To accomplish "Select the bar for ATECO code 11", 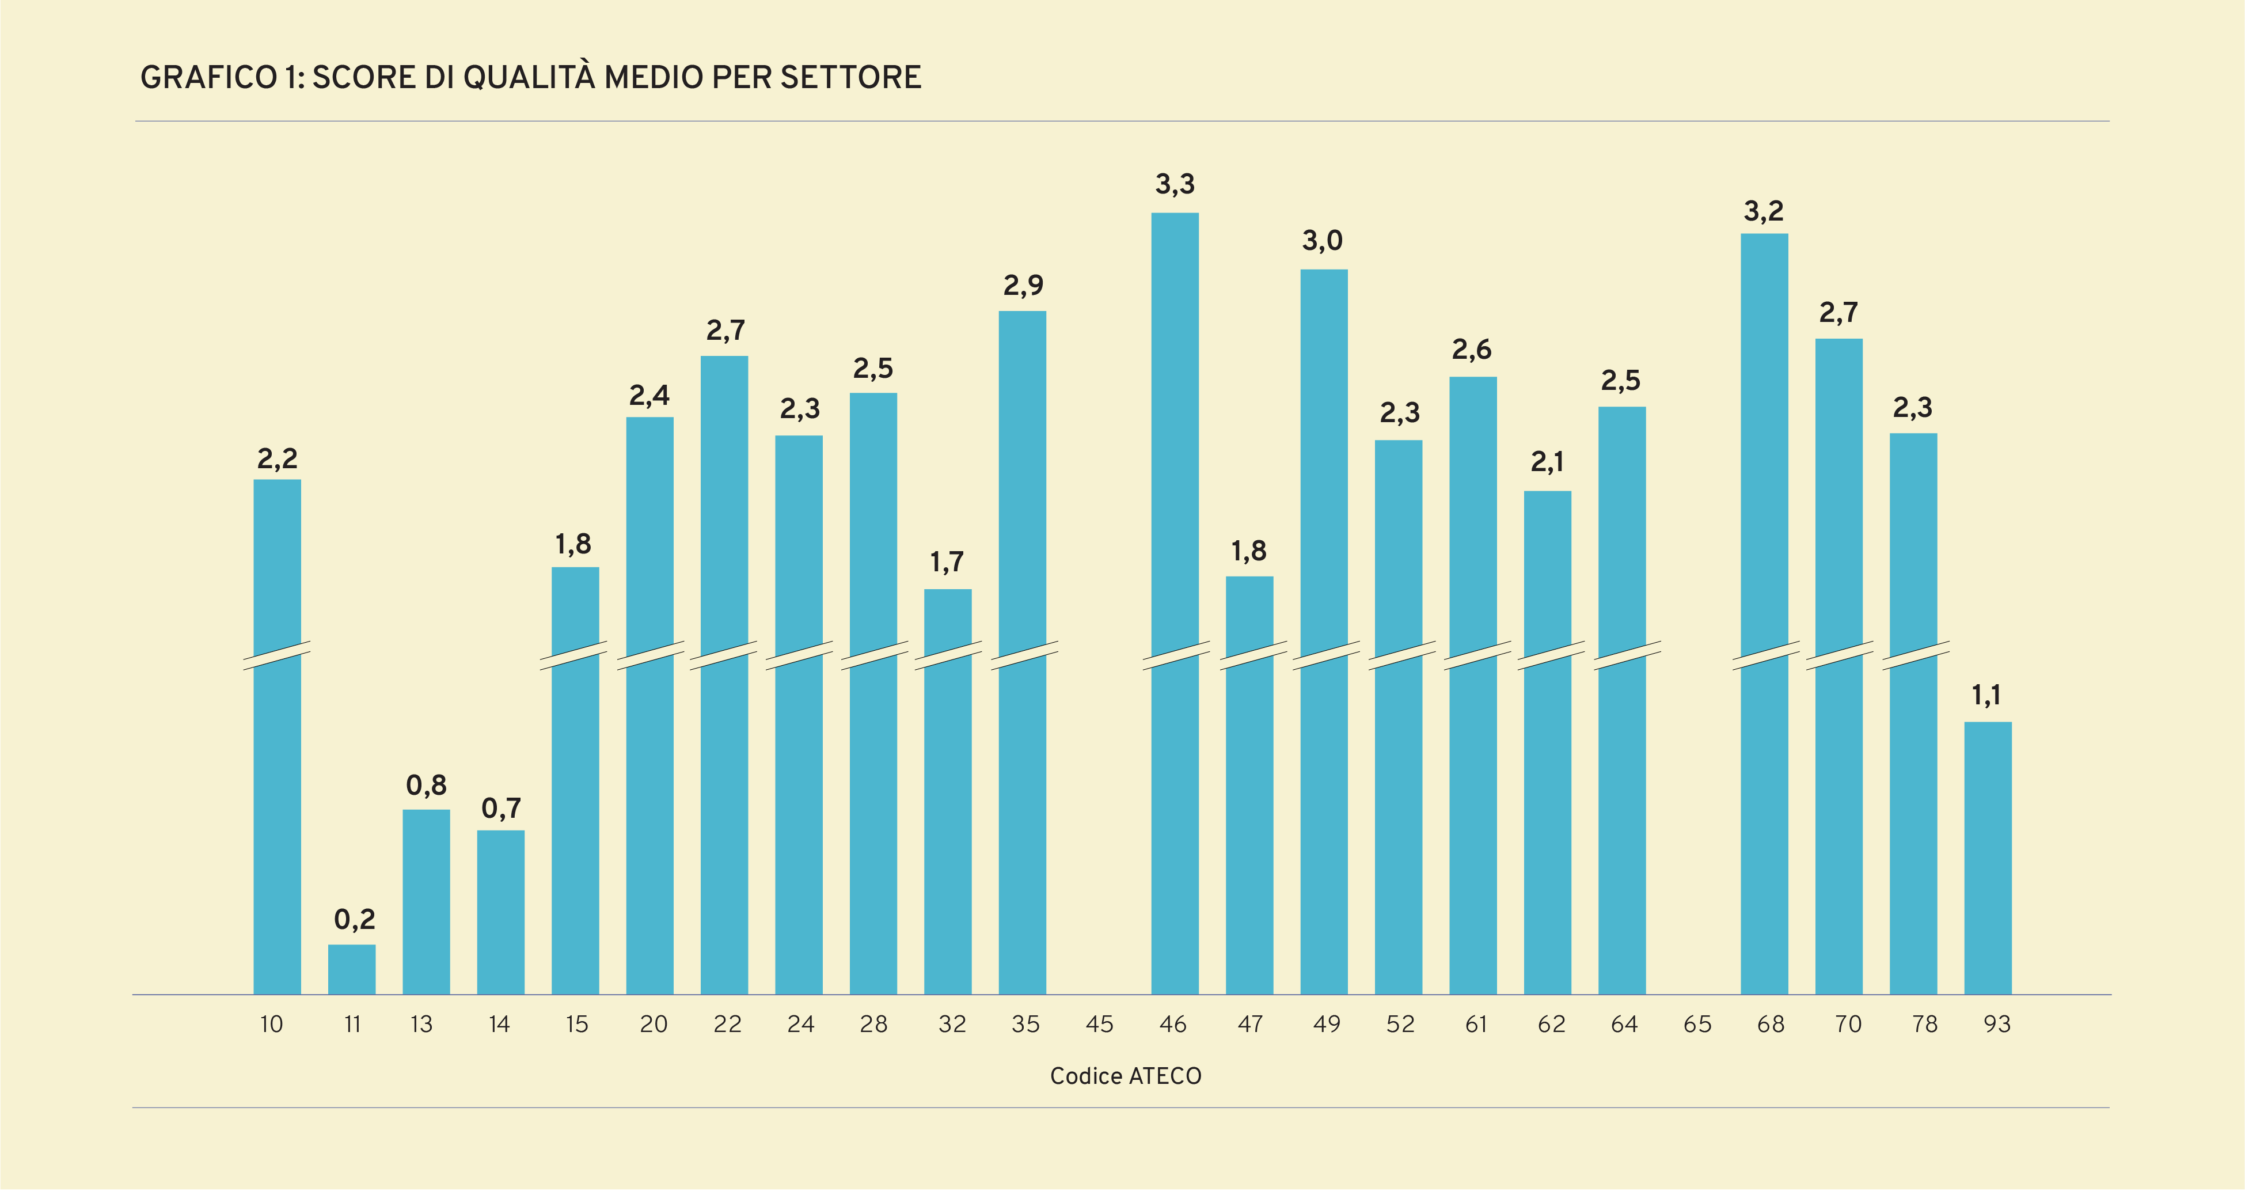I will pyautogui.click(x=352, y=969).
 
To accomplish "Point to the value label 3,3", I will pyautogui.click(x=1175, y=184).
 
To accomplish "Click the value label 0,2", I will pyautogui.click(x=354, y=919).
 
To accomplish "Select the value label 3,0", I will pyautogui.click(x=1322, y=241).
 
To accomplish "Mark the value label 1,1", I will pyautogui.click(x=1986, y=695).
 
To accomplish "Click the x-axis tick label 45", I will pyautogui.click(x=1099, y=1025).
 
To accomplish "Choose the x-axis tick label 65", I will pyautogui.click(x=1697, y=1025).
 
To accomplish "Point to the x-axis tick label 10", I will pyautogui.click(x=271, y=1025).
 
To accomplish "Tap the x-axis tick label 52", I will pyautogui.click(x=1400, y=1025).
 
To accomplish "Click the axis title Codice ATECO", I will pyautogui.click(x=1125, y=1076).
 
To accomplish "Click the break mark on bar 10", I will pyautogui.click(x=277, y=655).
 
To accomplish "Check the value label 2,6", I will pyautogui.click(x=1471, y=350).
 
